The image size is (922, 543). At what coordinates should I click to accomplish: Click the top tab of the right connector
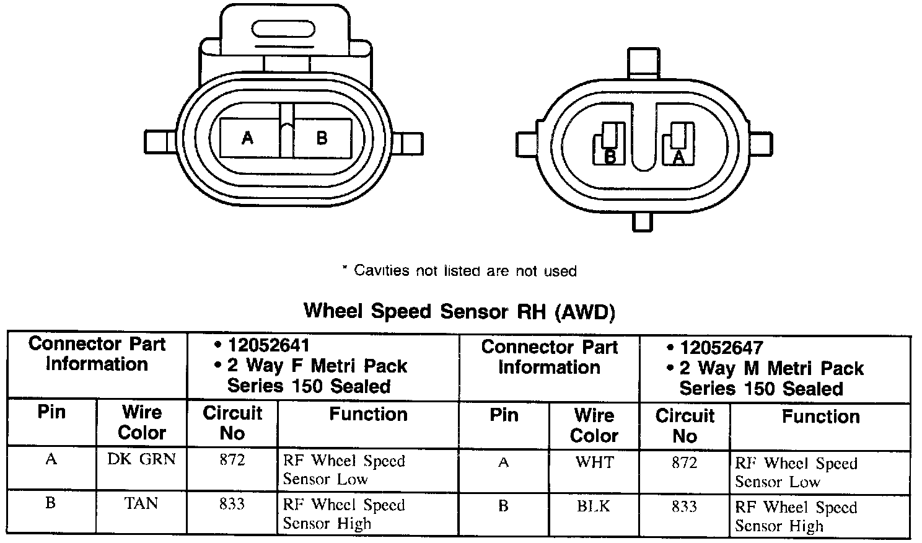(643, 63)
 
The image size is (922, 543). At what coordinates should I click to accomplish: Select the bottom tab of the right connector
(643, 222)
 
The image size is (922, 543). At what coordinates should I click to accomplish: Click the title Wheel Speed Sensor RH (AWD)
(459, 311)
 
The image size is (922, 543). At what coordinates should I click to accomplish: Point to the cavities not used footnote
(459, 271)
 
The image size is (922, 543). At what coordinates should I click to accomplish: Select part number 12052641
(268, 345)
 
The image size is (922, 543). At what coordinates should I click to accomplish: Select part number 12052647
(721, 348)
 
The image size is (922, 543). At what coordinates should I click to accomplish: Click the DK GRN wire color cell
(141, 459)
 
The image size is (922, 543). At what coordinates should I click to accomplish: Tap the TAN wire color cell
(141, 503)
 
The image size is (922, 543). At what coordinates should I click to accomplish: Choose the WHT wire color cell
(594, 462)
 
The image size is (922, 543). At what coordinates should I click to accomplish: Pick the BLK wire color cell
(594, 506)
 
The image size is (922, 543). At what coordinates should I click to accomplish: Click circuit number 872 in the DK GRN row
(232, 460)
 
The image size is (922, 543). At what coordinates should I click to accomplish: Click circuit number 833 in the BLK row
(684, 507)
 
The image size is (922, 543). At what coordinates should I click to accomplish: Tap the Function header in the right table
(820, 417)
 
